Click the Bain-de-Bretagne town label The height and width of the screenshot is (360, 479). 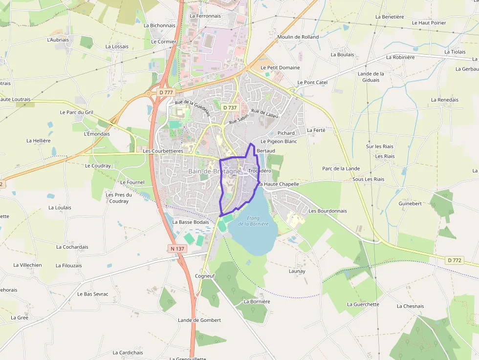coord(214,171)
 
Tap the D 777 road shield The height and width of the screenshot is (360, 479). coord(166,92)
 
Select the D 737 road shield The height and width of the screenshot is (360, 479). coord(229,107)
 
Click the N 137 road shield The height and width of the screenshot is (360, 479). coord(178,249)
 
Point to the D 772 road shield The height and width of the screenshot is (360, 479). coord(454,260)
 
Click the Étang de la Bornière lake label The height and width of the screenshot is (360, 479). coord(253,221)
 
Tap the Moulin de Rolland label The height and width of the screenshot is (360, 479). coord(298,37)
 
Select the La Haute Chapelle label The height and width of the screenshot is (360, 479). coord(279,184)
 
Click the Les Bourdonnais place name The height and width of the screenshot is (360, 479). coord(327,211)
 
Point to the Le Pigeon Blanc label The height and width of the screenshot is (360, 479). coord(279,141)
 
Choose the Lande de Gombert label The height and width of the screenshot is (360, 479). coord(199,320)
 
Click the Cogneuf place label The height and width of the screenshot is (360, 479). coord(204,276)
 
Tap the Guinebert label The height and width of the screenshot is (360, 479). coord(410,203)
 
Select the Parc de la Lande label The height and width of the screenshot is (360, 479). coord(341,169)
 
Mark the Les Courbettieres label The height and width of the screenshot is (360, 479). coord(163,151)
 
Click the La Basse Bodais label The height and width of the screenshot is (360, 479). coord(191,222)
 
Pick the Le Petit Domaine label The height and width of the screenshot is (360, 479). coord(280,67)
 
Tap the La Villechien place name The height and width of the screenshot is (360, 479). coord(27,265)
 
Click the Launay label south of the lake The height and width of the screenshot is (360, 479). coord(297,271)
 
